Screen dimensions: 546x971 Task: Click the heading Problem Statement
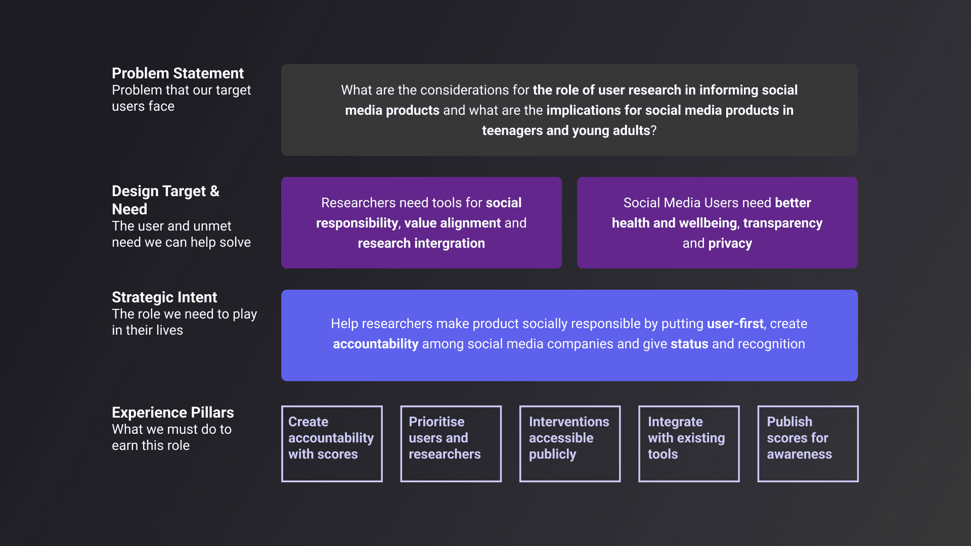[178, 73]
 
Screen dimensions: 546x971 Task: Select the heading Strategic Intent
[164, 297]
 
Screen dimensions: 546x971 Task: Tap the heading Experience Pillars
[172, 413]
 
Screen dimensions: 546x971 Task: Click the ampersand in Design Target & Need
[214, 191]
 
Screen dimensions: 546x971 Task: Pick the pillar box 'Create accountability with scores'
[332, 443]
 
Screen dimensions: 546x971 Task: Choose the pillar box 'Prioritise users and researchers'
[451, 443]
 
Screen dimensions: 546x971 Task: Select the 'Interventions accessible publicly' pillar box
[569, 443]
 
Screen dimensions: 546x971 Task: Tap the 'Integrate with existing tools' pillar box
[689, 443]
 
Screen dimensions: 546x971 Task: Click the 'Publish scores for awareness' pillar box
[808, 443]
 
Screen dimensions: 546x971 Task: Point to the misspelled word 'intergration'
[450, 244]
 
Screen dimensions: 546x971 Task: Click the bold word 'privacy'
[730, 244]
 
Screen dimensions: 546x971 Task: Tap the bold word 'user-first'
[735, 324]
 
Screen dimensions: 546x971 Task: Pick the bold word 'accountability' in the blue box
[375, 344]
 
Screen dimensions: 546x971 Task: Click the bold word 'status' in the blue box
[689, 344]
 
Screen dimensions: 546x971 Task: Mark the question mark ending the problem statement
[653, 130]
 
